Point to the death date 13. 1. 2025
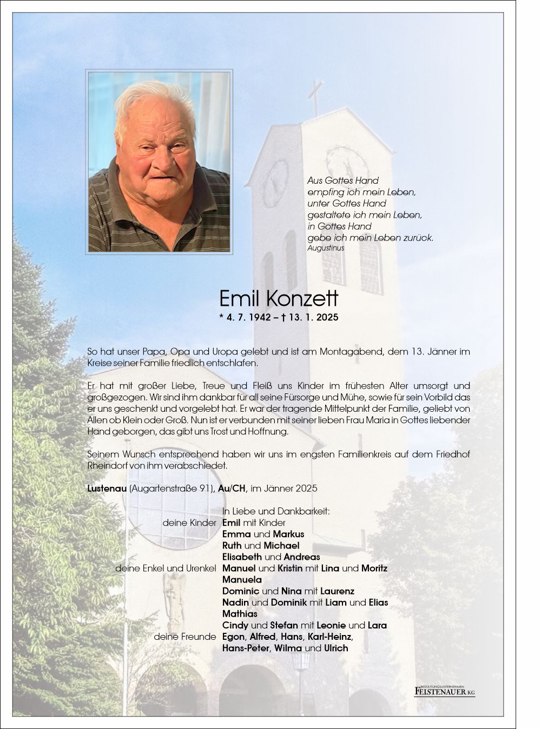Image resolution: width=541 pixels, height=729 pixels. (x=314, y=317)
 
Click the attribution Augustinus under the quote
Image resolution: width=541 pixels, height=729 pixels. (x=326, y=248)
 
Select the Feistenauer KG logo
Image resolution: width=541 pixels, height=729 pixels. (x=444, y=690)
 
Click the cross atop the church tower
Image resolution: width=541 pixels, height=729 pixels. (x=315, y=97)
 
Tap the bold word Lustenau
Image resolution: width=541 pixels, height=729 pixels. (x=107, y=489)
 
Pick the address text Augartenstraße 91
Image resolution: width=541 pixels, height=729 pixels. (x=173, y=489)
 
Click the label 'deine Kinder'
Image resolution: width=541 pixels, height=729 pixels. (x=189, y=523)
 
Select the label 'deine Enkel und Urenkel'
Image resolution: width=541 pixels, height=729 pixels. (x=166, y=569)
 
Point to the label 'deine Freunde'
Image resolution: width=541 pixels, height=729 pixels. (x=185, y=637)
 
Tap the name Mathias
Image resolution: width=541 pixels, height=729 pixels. (x=240, y=614)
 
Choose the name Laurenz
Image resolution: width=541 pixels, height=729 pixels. (x=337, y=591)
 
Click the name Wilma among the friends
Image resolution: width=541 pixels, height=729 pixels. (x=288, y=648)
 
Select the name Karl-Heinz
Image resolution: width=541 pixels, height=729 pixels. (x=329, y=637)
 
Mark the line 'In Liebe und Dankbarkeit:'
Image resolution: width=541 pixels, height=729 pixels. (x=276, y=511)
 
